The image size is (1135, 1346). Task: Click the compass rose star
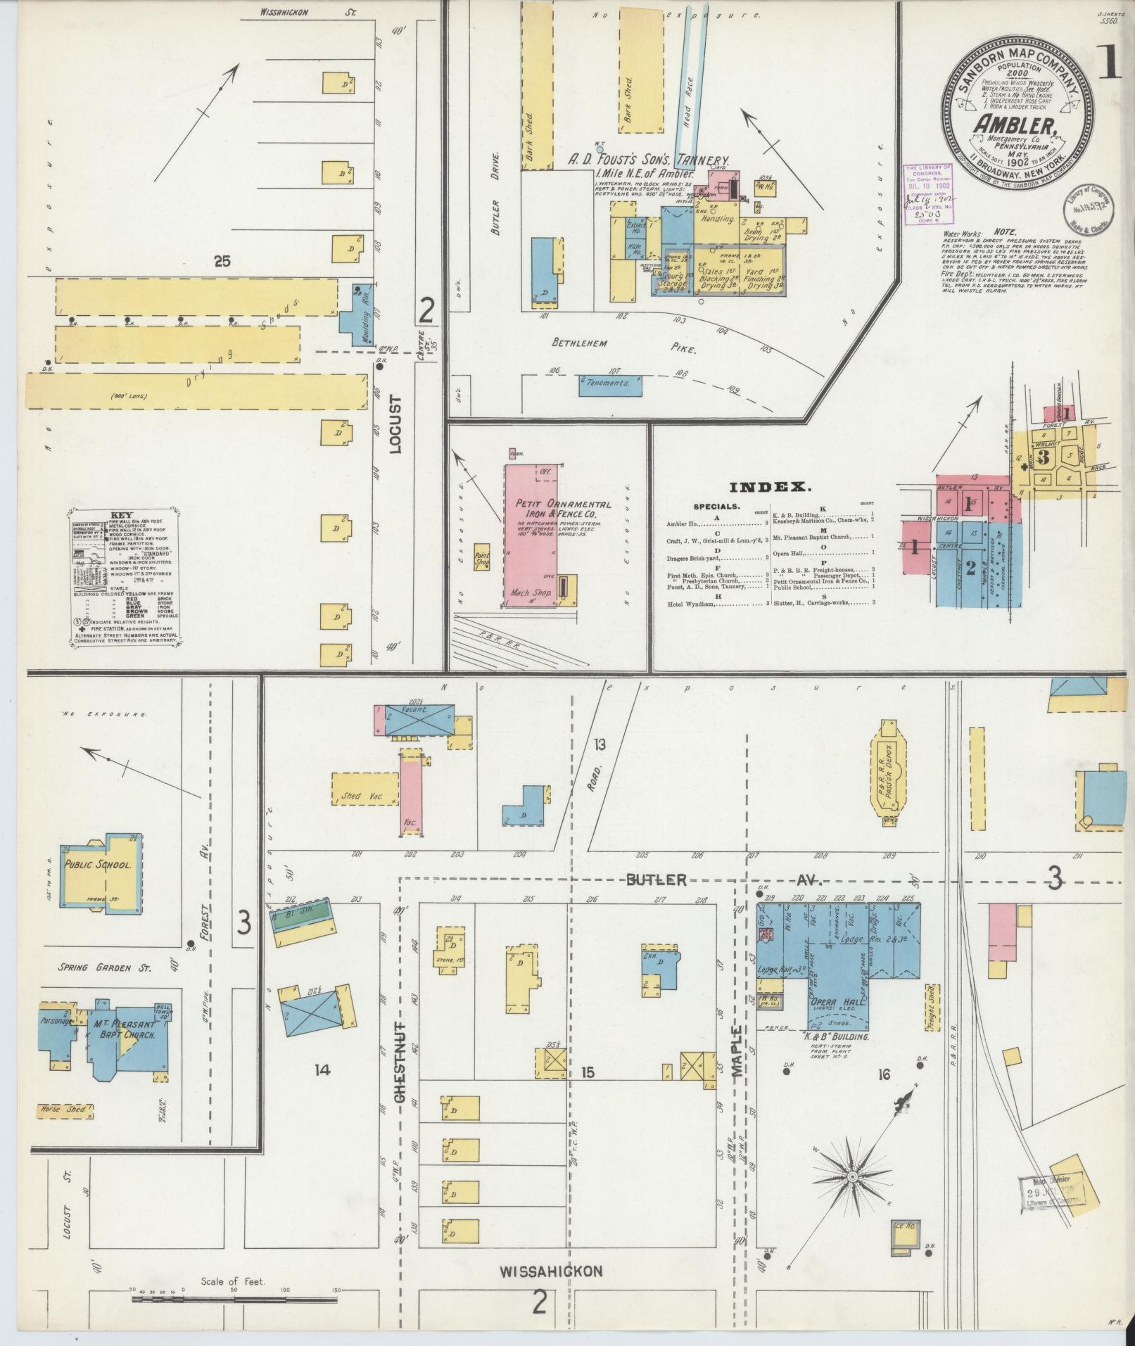(x=851, y=1176)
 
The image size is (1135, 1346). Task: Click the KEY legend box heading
(x=126, y=514)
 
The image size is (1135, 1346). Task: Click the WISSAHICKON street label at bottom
(x=552, y=1271)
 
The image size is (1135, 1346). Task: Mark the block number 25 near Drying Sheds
(x=222, y=262)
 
